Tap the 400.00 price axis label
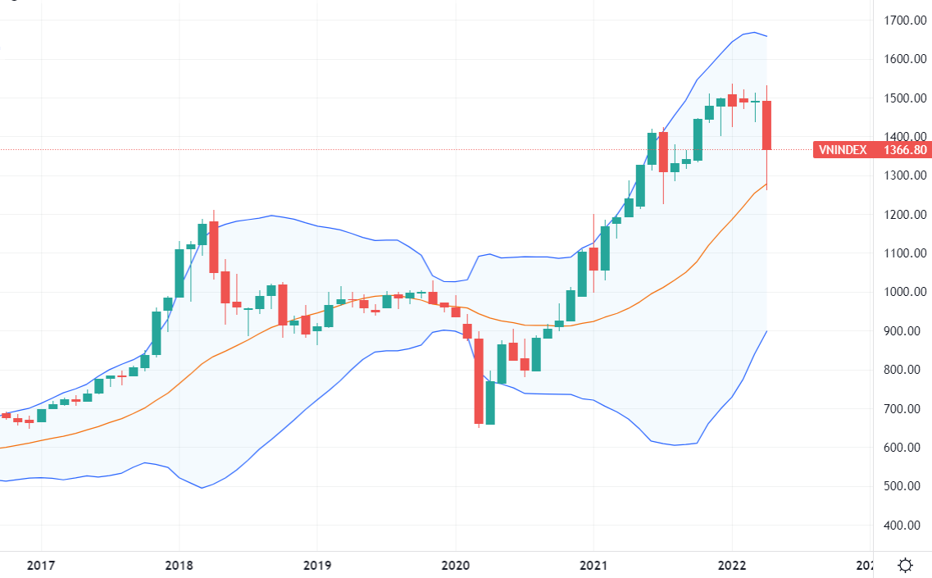click(906, 526)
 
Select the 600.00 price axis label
click(906, 448)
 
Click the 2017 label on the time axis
click(40, 566)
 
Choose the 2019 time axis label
click(316, 566)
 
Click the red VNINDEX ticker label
click(843, 150)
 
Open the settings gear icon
click(905, 565)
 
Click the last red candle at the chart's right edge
click(767, 125)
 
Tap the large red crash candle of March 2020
click(479, 381)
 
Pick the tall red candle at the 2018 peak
click(214, 247)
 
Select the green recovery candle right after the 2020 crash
click(490, 403)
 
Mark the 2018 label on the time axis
click(179, 566)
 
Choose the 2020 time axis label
click(455, 566)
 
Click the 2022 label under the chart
click(731, 566)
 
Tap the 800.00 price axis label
click(906, 370)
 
